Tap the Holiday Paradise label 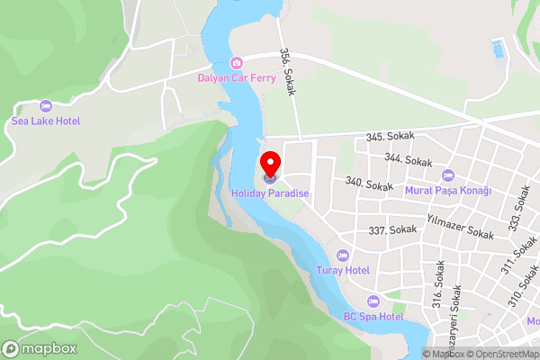pyautogui.click(x=270, y=193)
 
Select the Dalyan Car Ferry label pyautogui.click(x=236, y=77)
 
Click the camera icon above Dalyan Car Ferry pyautogui.click(x=236, y=62)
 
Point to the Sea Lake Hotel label pyautogui.click(x=46, y=121)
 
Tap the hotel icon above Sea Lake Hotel pyautogui.click(x=46, y=105)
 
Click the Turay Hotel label pyautogui.click(x=343, y=270)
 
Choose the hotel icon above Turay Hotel pyautogui.click(x=343, y=255)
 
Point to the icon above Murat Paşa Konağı pyautogui.click(x=449, y=175)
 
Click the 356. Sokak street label pyautogui.click(x=287, y=71)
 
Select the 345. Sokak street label pyautogui.click(x=390, y=137)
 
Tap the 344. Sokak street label pyautogui.click(x=408, y=159)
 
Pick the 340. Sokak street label pyautogui.click(x=369, y=184)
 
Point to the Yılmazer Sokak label pyautogui.click(x=460, y=228)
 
